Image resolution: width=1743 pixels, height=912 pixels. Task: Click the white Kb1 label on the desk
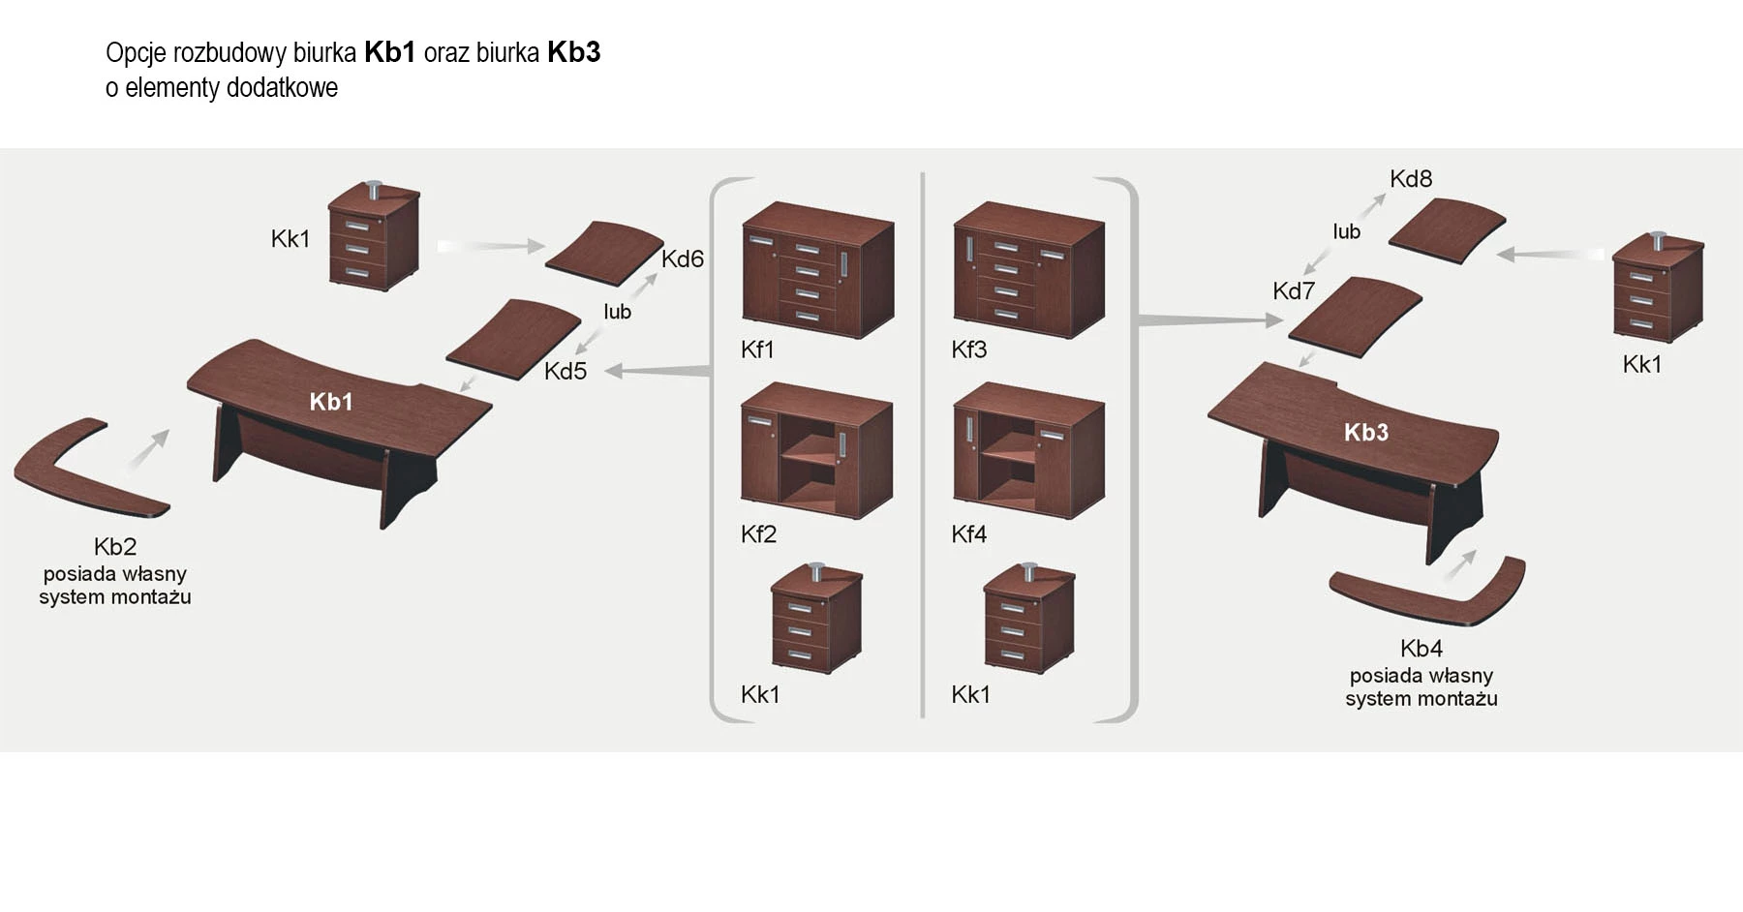click(331, 402)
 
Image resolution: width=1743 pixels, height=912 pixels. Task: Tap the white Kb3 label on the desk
click(1366, 432)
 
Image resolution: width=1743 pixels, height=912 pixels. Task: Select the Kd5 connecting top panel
click(513, 336)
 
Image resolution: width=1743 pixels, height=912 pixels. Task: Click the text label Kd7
click(1294, 290)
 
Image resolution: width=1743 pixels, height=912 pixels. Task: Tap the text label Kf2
click(758, 533)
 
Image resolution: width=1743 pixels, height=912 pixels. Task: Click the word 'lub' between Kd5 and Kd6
click(617, 312)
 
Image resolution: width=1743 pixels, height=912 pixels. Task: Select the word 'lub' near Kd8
click(1346, 231)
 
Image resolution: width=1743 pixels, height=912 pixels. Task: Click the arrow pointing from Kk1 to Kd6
click(491, 246)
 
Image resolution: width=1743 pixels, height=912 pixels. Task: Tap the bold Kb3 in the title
click(573, 52)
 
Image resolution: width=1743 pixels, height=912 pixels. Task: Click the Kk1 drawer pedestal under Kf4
click(1028, 619)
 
